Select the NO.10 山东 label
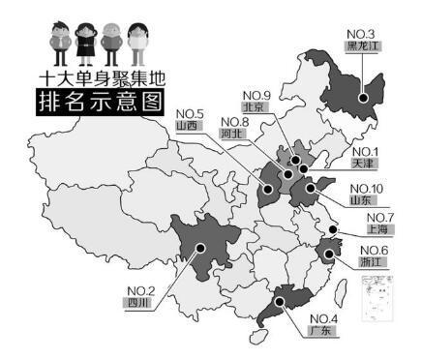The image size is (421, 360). [x=365, y=194]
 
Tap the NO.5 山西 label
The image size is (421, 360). [x=187, y=118]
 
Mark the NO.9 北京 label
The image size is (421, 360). [x=256, y=101]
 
